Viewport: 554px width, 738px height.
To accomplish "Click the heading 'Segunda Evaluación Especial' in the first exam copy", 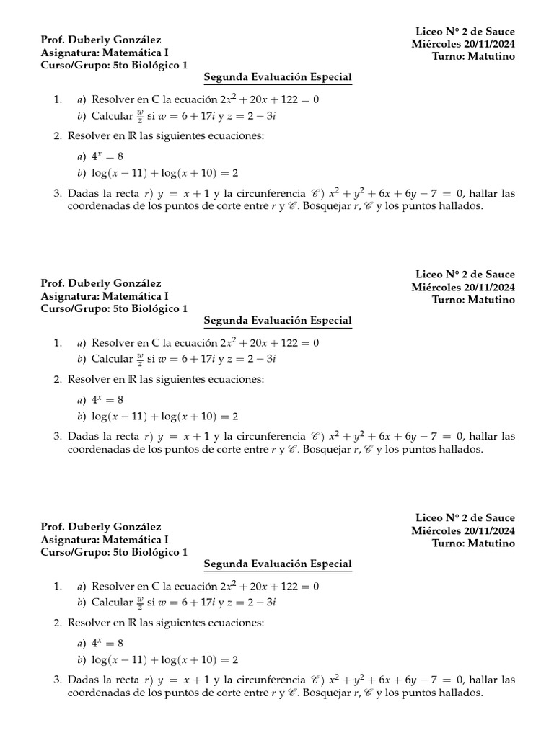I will point(278,76).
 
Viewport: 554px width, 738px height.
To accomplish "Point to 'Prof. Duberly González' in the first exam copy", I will point(101,40).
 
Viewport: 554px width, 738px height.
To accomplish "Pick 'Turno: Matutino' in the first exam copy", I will point(474,57).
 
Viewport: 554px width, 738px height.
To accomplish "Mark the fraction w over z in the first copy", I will point(140,116).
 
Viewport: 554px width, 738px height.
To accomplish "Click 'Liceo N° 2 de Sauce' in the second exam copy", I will point(465,275).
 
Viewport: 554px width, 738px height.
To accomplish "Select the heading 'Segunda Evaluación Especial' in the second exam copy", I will point(278,320).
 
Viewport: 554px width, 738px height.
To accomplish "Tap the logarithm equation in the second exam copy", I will point(165,417).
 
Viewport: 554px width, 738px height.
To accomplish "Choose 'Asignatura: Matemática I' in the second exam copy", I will point(105,295).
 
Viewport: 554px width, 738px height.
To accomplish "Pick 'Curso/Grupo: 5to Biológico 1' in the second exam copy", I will point(114,308).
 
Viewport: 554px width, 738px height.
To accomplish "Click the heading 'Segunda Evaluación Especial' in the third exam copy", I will point(278,564).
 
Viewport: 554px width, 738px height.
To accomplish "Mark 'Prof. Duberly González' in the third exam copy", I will point(101,527).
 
